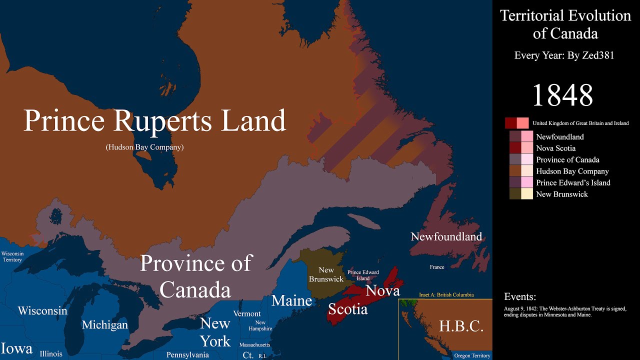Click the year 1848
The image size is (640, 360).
pos(562,95)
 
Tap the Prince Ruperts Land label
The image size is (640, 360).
pos(154,121)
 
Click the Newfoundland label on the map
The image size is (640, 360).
pos(446,236)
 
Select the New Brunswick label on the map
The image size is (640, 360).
pos(326,274)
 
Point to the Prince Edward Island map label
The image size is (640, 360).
pos(363,275)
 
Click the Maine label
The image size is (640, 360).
pos(291,301)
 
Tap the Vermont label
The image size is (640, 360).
pos(247,313)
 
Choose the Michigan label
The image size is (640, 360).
pos(105,325)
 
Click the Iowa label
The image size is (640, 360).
pos(16,348)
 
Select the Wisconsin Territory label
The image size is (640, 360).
pos(12,256)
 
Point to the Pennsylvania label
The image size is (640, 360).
pos(187,355)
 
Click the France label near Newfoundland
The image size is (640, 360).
pos(436,267)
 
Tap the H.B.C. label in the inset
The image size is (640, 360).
pos(460,326)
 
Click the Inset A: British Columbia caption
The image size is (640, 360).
pos(446,295)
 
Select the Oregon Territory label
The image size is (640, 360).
pos(472,355)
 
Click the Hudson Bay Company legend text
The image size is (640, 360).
pos(572,171)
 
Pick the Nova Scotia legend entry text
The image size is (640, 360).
pos(555,148)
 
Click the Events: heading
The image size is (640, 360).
pos(520,296)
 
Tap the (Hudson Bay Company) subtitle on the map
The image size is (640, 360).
pos(144,147)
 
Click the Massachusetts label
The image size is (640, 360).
pos(254,345)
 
